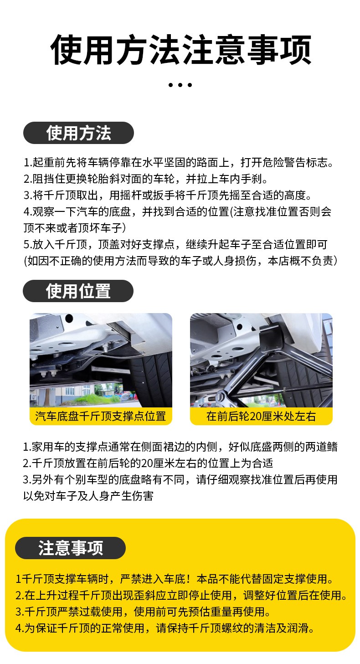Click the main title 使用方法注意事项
coord(181,50)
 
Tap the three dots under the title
coord(180,85)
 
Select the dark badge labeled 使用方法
coord(78,133)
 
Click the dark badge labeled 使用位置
coord(78,291)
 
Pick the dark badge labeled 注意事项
coord(71,548)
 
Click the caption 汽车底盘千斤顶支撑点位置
coord(101,416)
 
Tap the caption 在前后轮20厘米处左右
coord(261,416)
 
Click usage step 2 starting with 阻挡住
coord(146,179)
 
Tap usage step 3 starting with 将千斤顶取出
coord(168,195)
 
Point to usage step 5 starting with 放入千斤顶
coord(175,244)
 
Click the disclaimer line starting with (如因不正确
coord(180,261)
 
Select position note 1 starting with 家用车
coord(180,447)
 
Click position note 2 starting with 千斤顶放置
coord(148,463)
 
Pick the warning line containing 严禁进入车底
coord(175,579)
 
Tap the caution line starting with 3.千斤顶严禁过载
coord(143,611)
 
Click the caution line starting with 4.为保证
coord(165,628)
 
